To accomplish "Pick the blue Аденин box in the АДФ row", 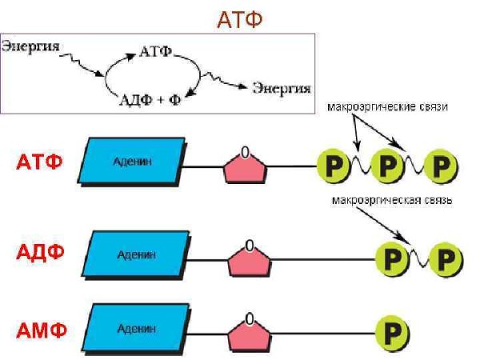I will coord(137,255).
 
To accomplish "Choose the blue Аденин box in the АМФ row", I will coord(137,327).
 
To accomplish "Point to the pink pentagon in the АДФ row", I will coord(250,258).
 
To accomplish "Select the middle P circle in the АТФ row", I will coord(388,166).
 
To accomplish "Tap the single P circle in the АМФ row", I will coord(391,330).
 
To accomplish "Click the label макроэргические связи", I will coord(385,106).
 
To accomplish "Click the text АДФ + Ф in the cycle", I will coord(150,100).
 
